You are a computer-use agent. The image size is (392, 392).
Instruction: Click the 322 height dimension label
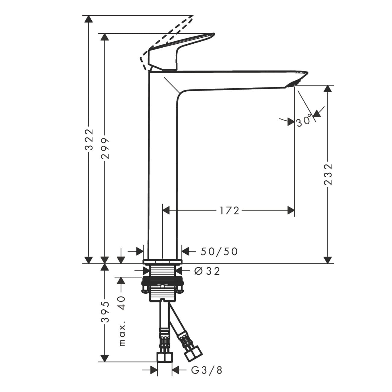pyautogui.click(x=89, y=140)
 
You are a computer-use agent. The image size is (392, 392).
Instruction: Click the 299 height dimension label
pyautogui.click(x=105, y=148)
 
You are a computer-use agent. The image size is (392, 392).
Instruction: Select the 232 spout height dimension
pyautogui.click(x=328, y=174)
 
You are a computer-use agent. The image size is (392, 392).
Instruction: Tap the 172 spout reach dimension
pyautogui.click(x=229, y=211)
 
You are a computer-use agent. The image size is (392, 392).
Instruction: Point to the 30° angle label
pyautogui.click(x=304, y=121)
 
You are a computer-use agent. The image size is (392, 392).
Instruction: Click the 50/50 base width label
pyautogui.click(x=219, y=251)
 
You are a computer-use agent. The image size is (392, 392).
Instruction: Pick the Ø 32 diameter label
pyautogui.click(x=207, y=271)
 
